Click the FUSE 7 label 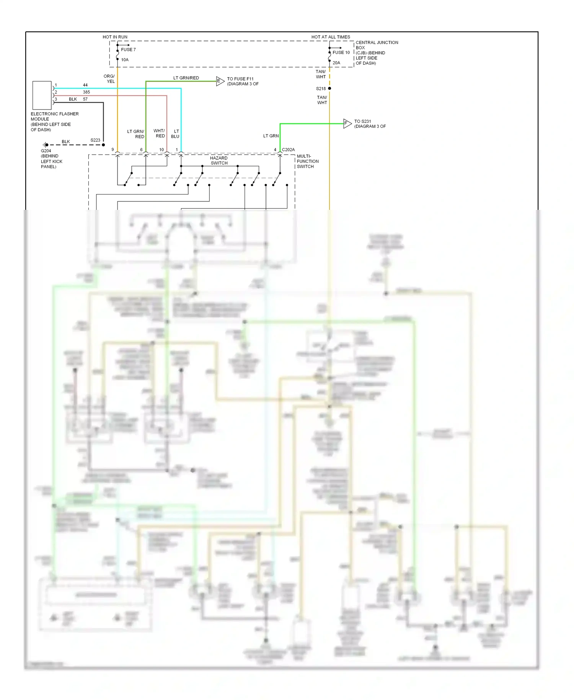[128, 50]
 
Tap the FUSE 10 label [341, 52]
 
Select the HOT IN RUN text [115, 37]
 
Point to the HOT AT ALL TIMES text [331, 37]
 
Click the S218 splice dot [329, 88]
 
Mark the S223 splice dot [103, 145]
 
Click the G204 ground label [46, 151]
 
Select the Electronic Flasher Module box [42, 95]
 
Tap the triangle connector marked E [220, 81]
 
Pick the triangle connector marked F [347, 123]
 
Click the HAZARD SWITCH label [219, 160]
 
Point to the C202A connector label [288, 150]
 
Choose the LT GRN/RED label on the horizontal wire [186, 78]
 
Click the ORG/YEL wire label [109, 79]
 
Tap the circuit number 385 [86, 92]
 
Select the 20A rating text [336, 63]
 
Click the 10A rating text [125, 60]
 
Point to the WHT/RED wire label [159, 133]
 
